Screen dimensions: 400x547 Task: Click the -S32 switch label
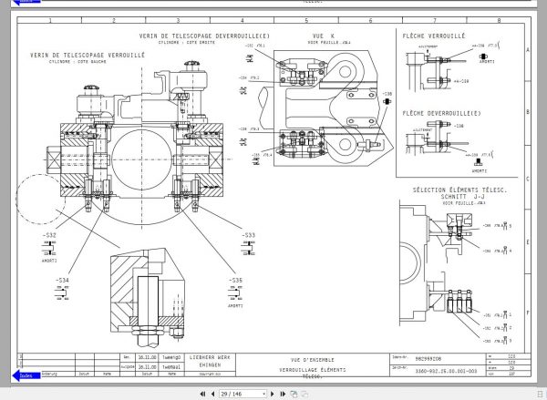tap(48, 236)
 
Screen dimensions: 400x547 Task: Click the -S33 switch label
tap(249, 236)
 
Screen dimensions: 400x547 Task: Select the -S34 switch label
tap(62, 280)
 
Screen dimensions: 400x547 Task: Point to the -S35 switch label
tap(235, 280)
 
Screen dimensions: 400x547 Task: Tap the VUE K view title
tap(311, 36)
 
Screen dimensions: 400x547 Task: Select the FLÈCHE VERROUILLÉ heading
tap(434, 36)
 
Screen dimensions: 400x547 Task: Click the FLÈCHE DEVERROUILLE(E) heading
tap(441, 112)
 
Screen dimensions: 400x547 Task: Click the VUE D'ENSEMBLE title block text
tap(307, 359)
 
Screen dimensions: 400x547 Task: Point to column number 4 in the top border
tap(243, 19)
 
